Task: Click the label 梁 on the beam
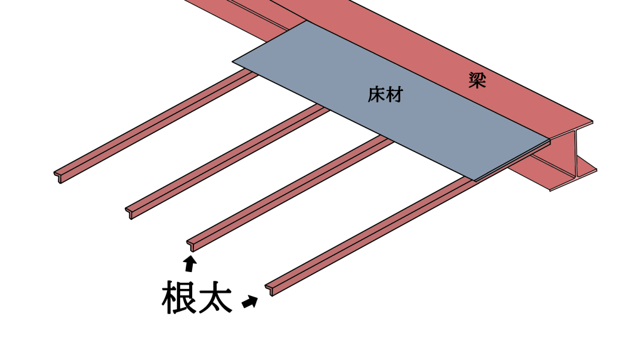tap(477, 80)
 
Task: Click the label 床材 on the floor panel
tap(385, 95)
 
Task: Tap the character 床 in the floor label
tap(376, 95)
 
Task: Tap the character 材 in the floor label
tap(394, 95)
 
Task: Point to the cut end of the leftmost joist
tap(58, 175)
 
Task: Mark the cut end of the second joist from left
tap(130, 211)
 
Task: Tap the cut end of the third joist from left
tap(191, 244)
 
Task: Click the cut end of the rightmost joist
tap(270, 289)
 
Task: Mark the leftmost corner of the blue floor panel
tap(235, 62)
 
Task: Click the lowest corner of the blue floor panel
tap(475, 180)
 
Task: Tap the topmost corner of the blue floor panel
tap(307, 21)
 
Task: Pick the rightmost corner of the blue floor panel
tap(549, 139)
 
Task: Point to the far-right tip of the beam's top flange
tap(591, 122)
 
